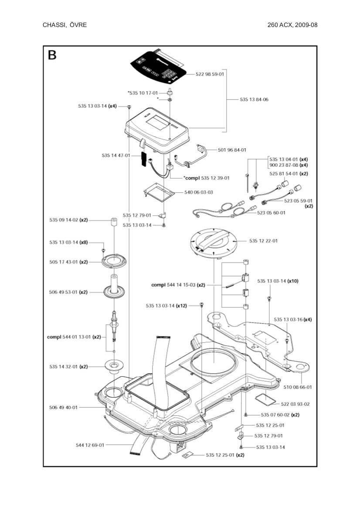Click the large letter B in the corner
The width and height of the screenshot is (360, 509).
[x=52, y=56]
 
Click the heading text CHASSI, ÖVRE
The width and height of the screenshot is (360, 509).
[x=65, y=25]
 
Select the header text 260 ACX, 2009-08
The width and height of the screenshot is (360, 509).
[x=292, y=25]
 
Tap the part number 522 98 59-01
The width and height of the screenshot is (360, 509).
[x=210, y=74]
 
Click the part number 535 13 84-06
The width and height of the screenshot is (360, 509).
[x=254, y=100]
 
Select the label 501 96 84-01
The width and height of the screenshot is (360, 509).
[x=232, y=150]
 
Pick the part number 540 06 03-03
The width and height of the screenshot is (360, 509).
[x=198, y=192]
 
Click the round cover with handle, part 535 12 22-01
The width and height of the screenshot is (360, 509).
[x=214, y=242]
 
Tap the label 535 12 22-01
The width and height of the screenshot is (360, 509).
[x=263, y=241]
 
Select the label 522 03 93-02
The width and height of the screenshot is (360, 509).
[x=295, y=404]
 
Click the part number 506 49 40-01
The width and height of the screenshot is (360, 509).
[x=63, y=408]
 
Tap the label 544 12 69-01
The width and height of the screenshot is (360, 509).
[x=90, y=445]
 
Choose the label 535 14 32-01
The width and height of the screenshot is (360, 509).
[x=68, y=367]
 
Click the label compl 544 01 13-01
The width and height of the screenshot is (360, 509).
[x=74, y=337]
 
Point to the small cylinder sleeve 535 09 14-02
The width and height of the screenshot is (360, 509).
[x=113, y=223]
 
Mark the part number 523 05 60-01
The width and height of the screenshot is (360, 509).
[x=271, y=212]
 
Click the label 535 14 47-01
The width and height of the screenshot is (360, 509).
[x=116, y=155]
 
